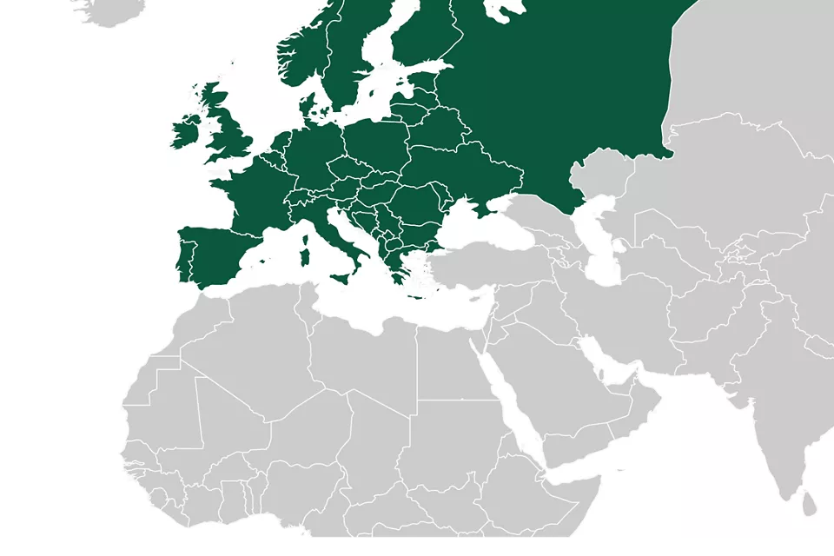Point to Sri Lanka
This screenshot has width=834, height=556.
coord(810,502)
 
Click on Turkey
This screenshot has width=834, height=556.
coord(495,265)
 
